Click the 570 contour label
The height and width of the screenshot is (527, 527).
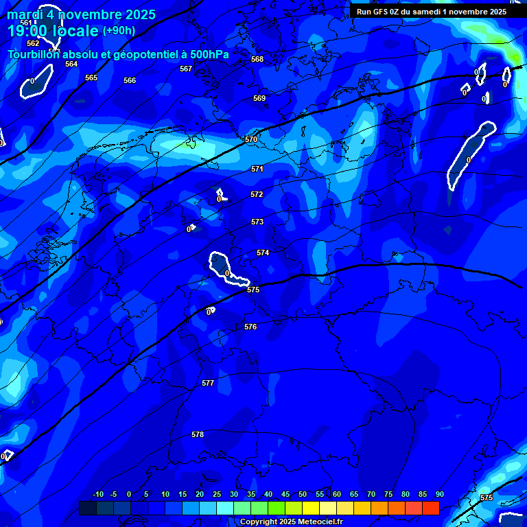point(251,139)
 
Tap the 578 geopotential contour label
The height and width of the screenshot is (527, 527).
point(198,434)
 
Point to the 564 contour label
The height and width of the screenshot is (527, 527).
point(71,64)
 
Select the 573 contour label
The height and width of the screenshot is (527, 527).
point(257,222)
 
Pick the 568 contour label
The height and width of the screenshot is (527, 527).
point(257,59)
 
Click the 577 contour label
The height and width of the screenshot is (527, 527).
point(208,383)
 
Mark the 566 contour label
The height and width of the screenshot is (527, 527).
point(130,80)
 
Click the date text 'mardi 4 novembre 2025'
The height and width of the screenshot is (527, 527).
point(81,14)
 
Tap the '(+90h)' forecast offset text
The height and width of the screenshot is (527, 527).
point(119,31)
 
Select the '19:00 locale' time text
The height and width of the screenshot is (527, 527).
point(54,31)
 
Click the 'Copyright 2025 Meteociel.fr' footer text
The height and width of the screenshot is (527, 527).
point(291,522)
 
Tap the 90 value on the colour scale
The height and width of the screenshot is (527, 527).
point(439,495)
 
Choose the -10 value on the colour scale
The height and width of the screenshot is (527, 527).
point(97,495)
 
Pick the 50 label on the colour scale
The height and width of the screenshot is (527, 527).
point(303,495)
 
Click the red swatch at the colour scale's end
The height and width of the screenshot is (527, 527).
point(430,508)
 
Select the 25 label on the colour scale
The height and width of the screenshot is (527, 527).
point(217,495)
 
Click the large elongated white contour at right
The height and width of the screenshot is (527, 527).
point(470,156)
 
